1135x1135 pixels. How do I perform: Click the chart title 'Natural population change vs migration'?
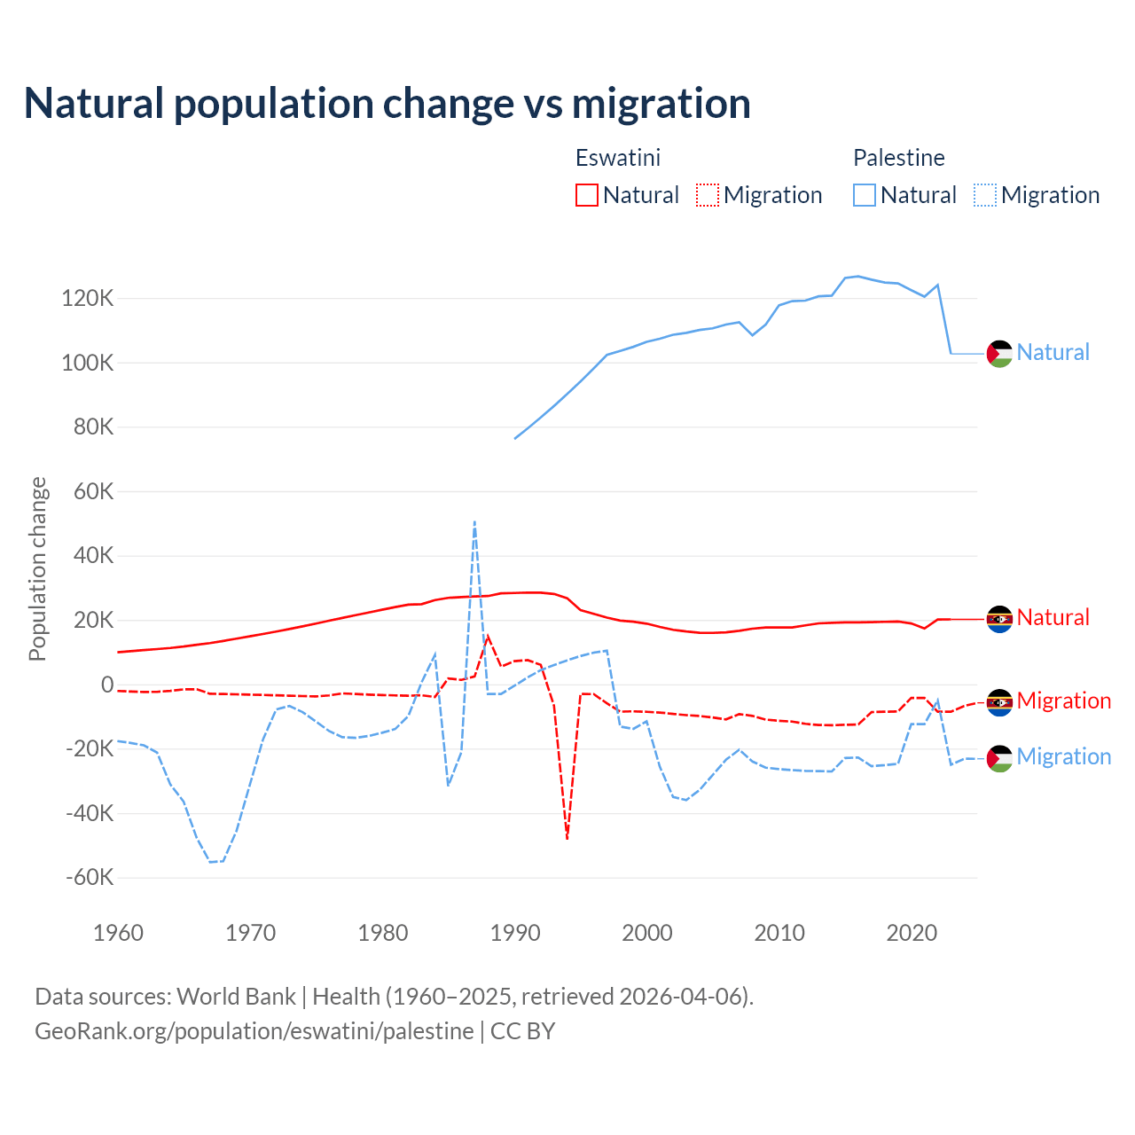point(387,104)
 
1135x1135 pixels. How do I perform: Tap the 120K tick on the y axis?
point(88,299)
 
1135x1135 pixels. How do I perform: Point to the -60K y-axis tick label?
point(90,878)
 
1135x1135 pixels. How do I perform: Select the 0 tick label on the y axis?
point(107,685)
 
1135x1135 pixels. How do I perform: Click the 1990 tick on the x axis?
point(515,933)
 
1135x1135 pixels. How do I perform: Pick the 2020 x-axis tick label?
point(912,933)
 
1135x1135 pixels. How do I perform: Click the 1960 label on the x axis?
point(118,933)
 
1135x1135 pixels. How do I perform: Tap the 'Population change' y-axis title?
point(37,569)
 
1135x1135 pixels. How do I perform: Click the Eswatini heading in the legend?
point(618,158)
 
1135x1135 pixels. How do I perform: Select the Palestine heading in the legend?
point(898,158)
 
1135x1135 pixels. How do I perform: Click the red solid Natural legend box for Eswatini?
point(587,195)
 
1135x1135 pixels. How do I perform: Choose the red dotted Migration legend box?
point(708,195)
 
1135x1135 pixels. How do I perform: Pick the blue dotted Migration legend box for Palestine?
point(985,195)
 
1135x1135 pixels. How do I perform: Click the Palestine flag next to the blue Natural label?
point(999,353)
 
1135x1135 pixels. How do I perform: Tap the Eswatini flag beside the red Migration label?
point(999,702)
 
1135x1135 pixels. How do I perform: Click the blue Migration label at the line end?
point(1063,756)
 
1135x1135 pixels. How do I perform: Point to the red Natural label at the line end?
point(1053,617)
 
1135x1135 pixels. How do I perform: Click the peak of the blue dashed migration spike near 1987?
point(474,522)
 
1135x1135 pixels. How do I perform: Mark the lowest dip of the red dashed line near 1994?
point(567,837)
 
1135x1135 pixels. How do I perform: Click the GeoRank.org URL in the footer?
point(254,1031)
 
